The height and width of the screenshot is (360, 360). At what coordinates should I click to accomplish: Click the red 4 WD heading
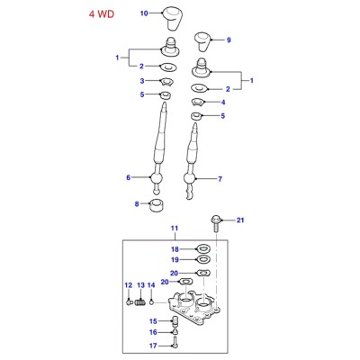[102, 14]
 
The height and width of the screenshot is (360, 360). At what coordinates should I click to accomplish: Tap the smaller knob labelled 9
[202, 42]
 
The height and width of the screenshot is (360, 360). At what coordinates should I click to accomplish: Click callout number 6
[129, 177]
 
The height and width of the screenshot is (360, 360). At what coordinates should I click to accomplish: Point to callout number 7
[220, 179]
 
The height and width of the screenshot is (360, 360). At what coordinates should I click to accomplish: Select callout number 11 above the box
[175, 229]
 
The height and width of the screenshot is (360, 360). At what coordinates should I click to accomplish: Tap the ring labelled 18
[203, 248]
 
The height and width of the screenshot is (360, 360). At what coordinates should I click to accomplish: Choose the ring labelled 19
[203, 259]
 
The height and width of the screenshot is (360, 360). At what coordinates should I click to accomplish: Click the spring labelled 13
[140, 302]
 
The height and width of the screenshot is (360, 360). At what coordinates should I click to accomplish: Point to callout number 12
[129, 285]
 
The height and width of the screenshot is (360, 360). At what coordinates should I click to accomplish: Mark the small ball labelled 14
[152, 302]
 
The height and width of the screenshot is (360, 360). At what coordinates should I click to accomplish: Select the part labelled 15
[175, 321]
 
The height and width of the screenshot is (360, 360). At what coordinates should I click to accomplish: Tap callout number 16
[153, 332]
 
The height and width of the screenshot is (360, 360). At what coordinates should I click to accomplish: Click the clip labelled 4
[199, 102]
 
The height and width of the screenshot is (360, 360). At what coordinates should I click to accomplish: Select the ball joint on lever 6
[156, 178]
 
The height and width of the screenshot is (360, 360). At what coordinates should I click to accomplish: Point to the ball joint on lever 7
[190, 179]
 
